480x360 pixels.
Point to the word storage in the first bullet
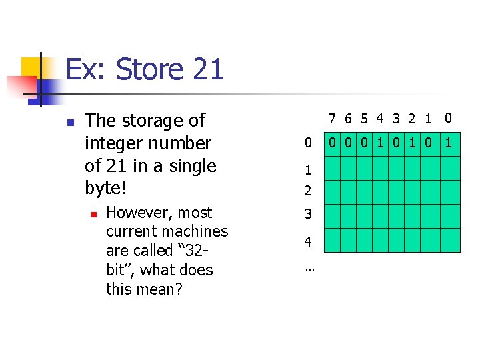tap(153, 121)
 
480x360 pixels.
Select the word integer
tap(115, 143)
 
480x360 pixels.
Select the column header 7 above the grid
tap(332, 119)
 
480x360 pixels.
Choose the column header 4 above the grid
tap(379, 119)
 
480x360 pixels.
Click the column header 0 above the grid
tap(448, 118)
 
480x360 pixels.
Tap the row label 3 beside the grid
tap(308, 215)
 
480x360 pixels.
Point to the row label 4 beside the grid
tap(308, 241)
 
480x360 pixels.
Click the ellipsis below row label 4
tap(309, 269)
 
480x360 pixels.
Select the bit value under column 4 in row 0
tap(379, 142)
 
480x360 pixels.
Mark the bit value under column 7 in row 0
tap(332, 142)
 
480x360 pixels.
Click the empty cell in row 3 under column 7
tap(332, 216)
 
